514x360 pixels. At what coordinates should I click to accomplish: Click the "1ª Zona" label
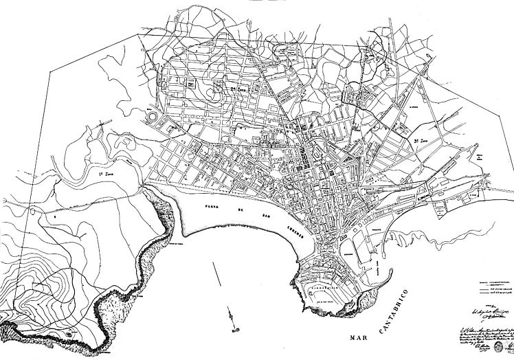(104, 178)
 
